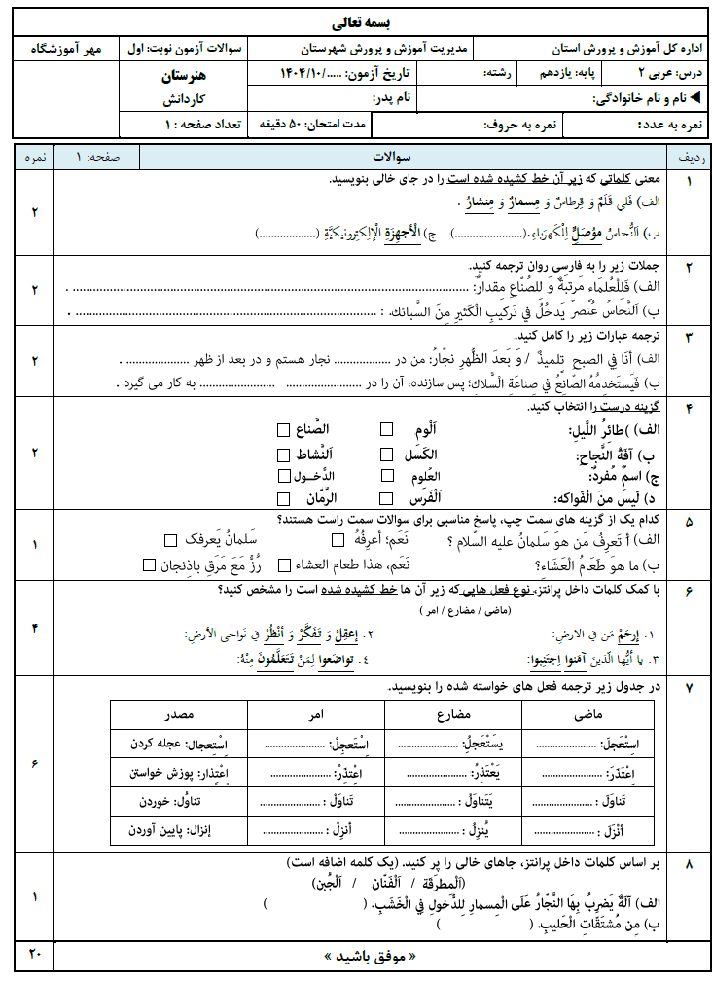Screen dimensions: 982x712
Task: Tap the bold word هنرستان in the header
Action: pyautogui.click(x=181, y=74)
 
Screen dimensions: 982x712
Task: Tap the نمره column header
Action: pyautogui.click(x=35, y=156)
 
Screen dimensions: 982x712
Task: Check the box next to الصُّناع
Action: pyautogui.click(x=283, y=429)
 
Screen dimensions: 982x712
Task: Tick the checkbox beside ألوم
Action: pyautogui.click(x=387, y=429)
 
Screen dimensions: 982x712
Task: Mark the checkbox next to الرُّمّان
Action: pyautogui.click(x=283, y=498)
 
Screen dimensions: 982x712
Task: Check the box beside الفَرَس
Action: pyautogui.click(x=387, y=498)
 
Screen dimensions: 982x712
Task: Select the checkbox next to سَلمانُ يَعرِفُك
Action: pyautogui.click(x=170, y=540)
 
